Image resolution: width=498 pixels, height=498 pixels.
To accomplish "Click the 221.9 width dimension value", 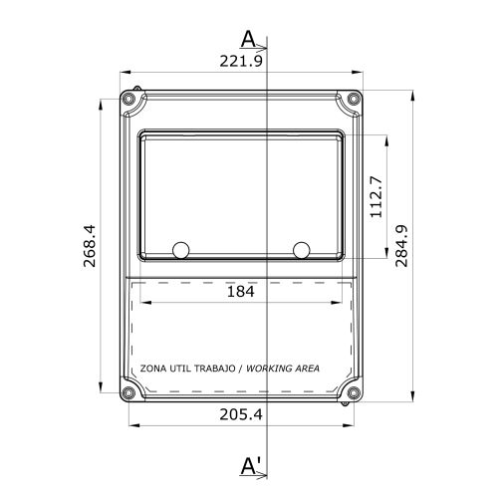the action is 241,61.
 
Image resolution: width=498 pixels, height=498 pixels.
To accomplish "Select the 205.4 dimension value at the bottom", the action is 241,414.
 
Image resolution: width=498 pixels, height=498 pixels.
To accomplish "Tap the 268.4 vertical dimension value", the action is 90,246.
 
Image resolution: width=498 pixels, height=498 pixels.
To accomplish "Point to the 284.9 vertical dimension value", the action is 401,246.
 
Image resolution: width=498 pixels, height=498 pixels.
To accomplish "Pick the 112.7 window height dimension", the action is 376,197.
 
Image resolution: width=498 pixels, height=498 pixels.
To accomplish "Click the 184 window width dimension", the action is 241,292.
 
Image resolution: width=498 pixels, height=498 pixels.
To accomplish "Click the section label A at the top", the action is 248,39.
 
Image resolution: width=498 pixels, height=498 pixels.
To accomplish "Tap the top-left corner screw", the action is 128,99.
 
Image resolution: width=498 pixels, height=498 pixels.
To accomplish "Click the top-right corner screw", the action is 354,99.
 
